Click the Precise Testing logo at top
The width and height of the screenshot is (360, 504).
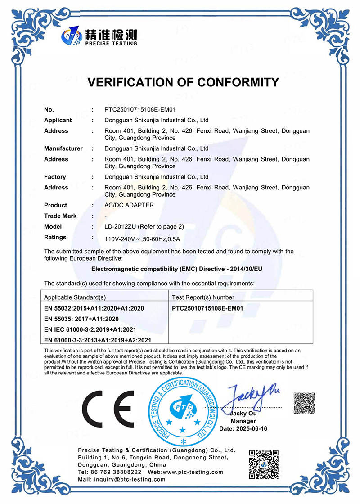[99, 36]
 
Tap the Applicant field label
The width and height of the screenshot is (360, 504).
[58, 120]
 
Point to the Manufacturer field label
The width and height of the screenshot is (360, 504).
[63, 148]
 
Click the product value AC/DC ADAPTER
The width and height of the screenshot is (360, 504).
[129, 205]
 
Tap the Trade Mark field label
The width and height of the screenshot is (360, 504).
[60, 216]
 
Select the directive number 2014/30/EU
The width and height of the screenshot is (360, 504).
[247, 269]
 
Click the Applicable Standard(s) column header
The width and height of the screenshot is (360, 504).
[75, 297]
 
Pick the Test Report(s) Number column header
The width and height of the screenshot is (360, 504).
[203, 297]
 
